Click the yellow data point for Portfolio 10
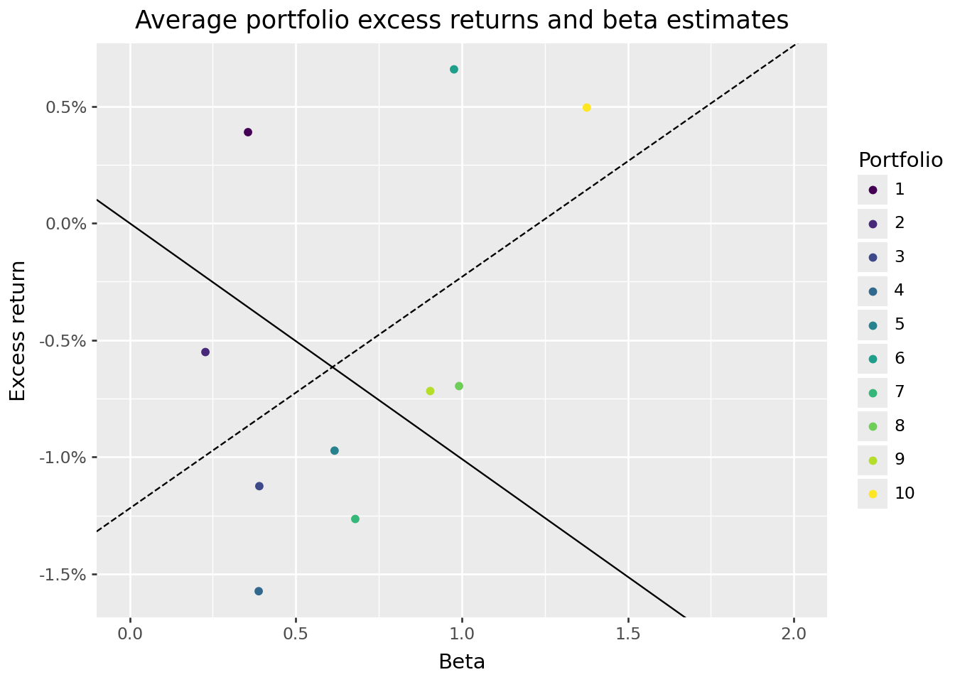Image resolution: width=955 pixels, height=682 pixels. (x=586, y=107)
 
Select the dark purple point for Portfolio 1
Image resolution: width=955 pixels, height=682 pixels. (x=248, y=132)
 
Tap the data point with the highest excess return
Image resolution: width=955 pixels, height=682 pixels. (x=453, y=70)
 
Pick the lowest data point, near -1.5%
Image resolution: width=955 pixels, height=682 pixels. (x=259, y=591)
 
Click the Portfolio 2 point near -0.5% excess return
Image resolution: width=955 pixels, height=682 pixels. (x=205, y=352)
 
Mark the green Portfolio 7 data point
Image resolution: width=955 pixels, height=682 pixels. (x=355, y=519)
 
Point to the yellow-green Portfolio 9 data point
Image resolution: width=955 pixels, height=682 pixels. (x=430, y=391)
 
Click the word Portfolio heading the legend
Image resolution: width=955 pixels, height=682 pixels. (x=900, y=160)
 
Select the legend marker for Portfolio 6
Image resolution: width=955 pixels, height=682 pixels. (x=873, y=358)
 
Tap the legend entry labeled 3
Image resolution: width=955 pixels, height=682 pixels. (x=900, y=256)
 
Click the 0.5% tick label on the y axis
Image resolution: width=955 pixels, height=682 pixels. (x=67, y=107)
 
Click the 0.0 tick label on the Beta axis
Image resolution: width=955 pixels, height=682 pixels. (x=130, y=632)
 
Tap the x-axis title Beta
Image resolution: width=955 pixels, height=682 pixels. (x=462, y=662)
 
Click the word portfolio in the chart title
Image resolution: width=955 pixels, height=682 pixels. (x=298, y=21)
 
